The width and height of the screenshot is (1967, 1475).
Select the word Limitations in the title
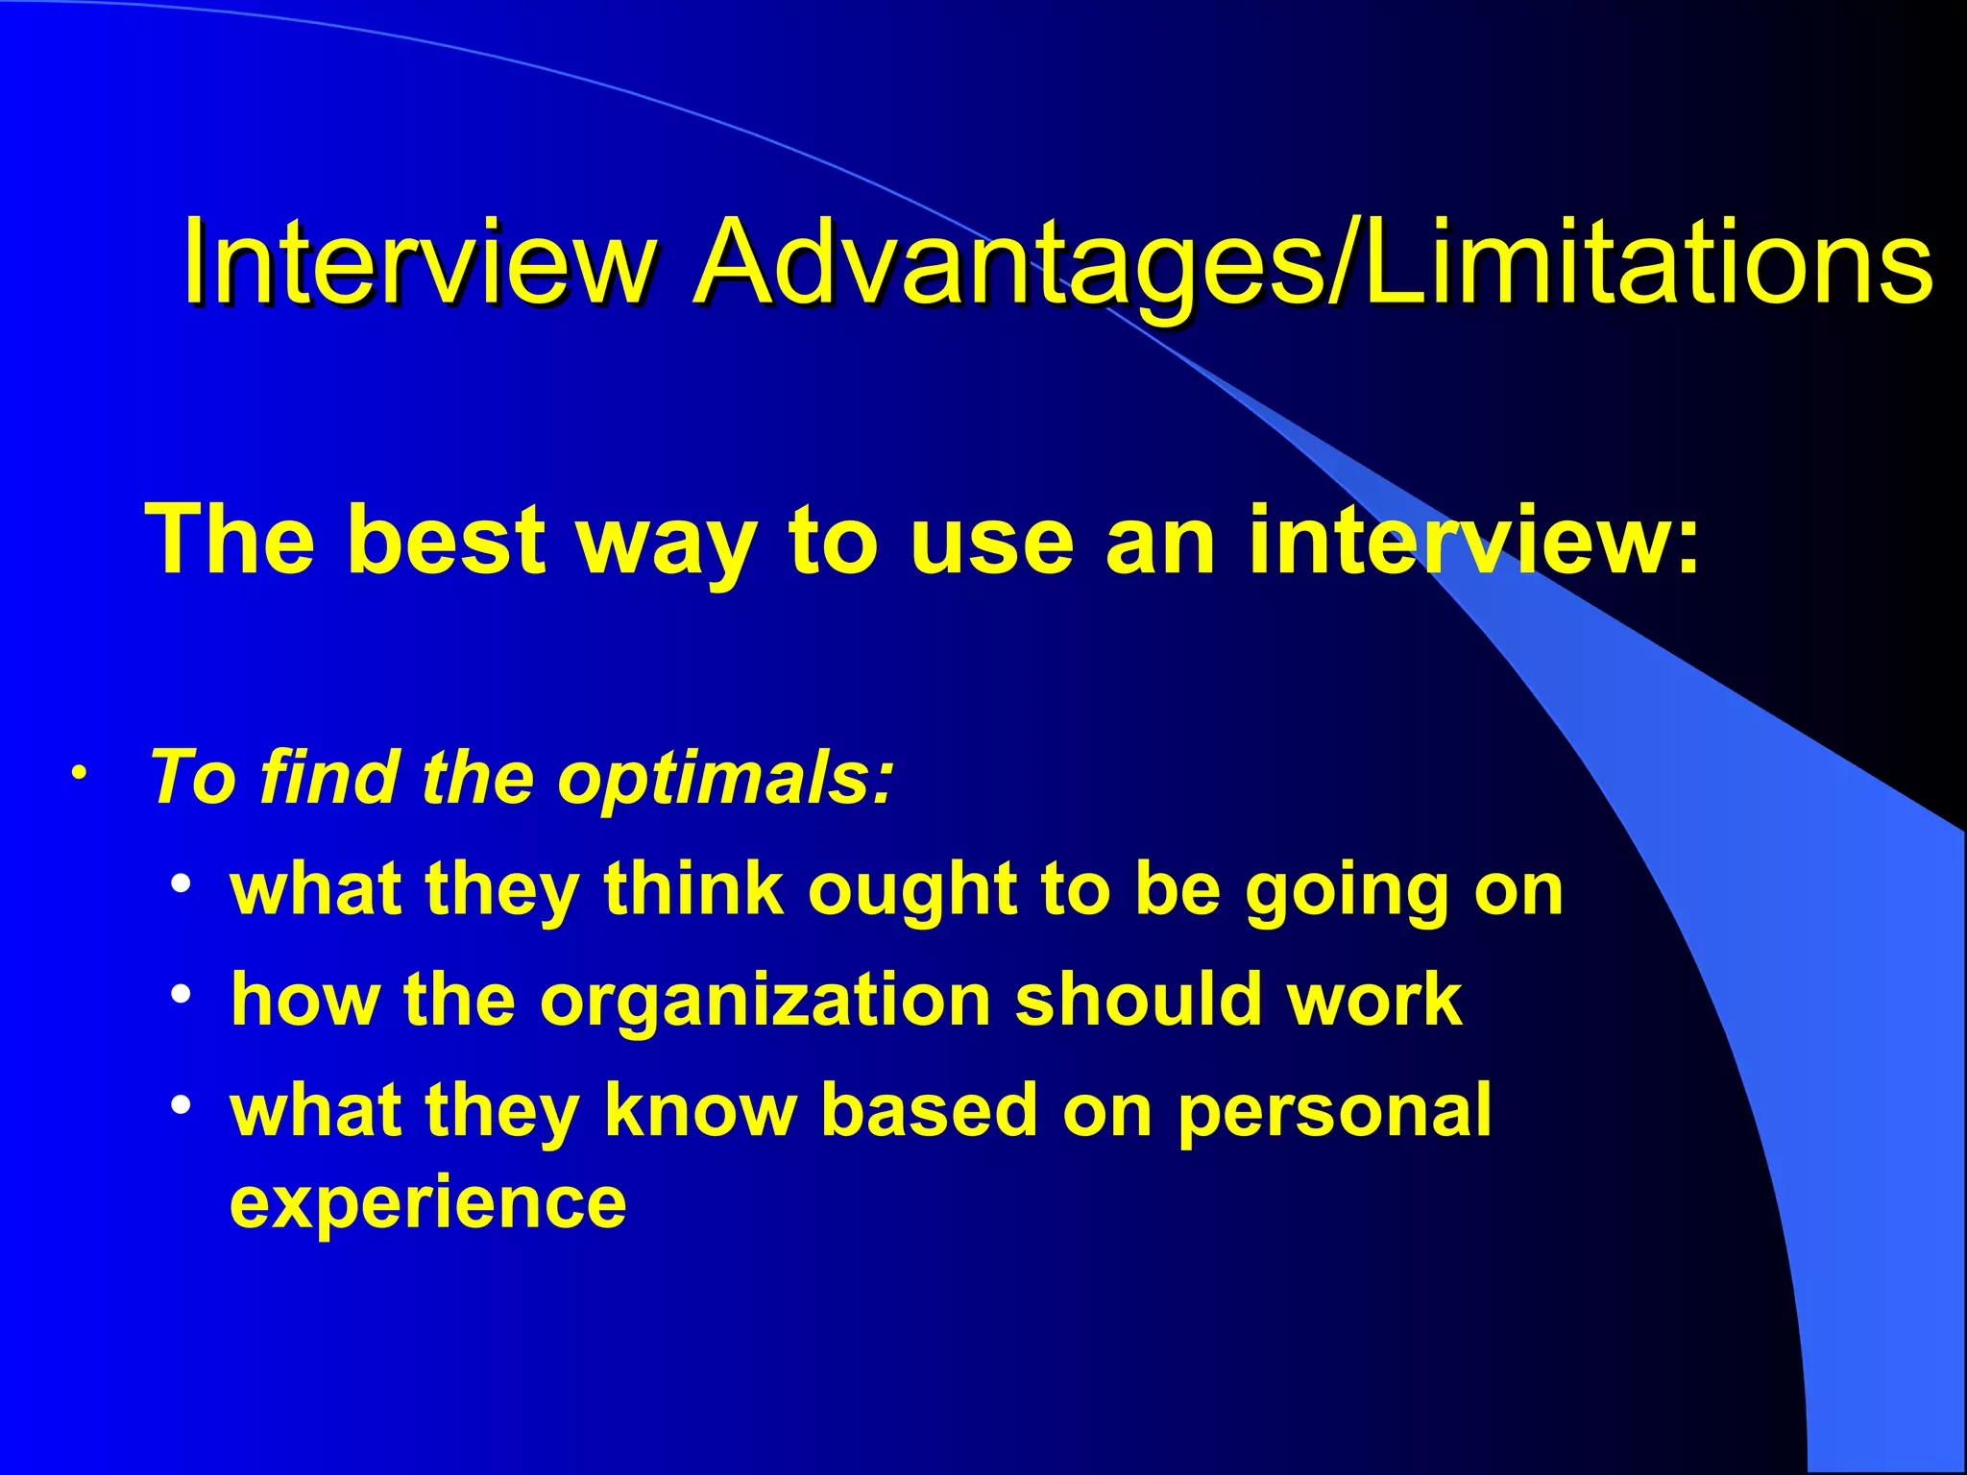1648,261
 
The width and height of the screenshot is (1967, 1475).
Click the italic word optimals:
726,778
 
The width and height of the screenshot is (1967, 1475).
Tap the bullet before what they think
182,884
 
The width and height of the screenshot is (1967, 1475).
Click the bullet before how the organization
182,995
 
